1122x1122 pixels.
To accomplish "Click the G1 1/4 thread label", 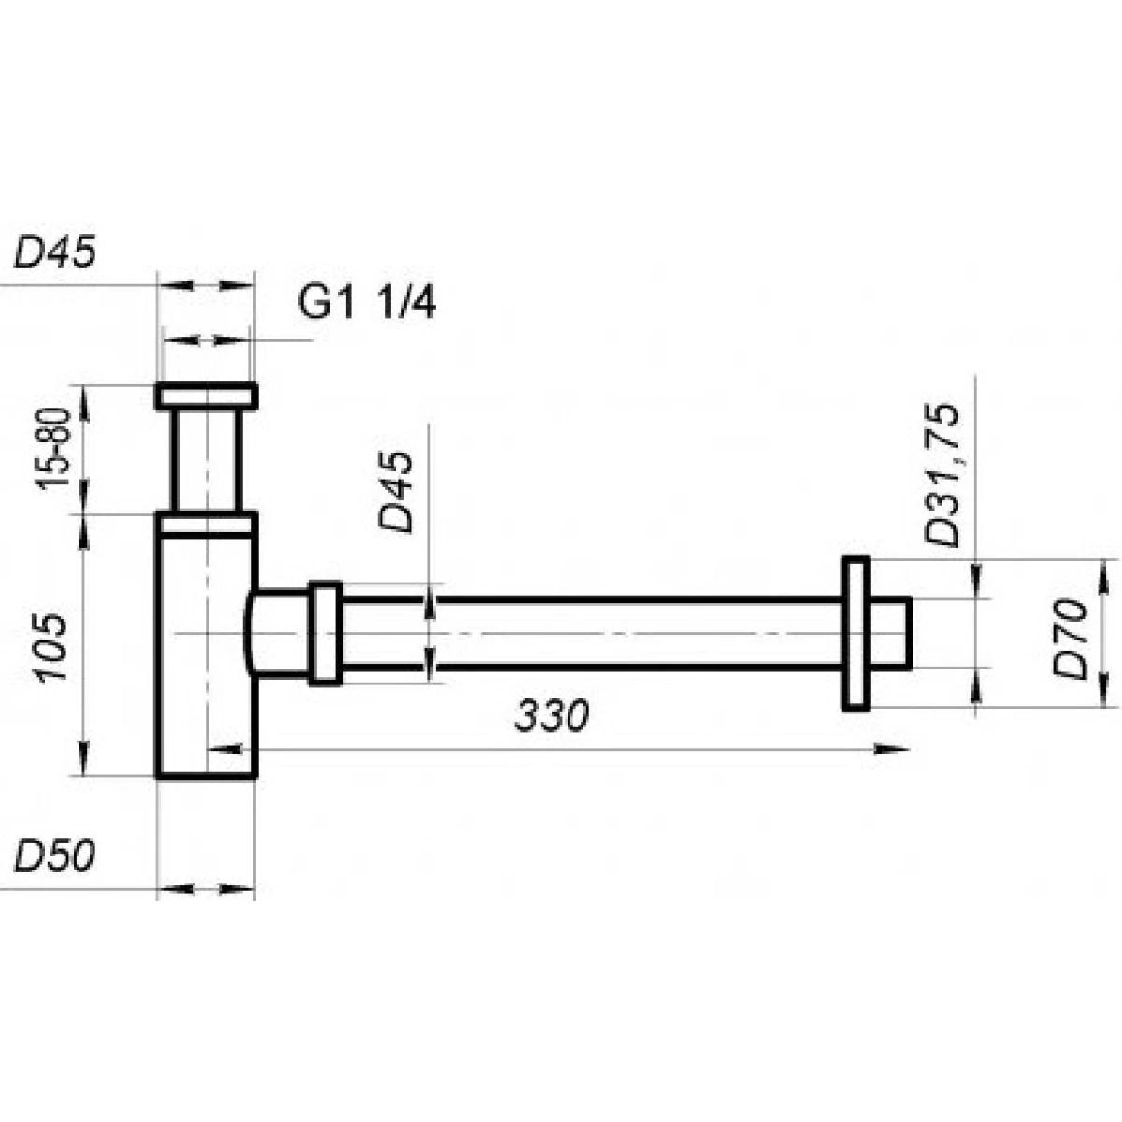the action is pyautogui.click(x=367, y=303).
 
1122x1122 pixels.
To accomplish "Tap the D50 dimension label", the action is pyautogui.click(x=54, y=857).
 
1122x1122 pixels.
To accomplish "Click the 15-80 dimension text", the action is pyautogui.click(x=54, y=449).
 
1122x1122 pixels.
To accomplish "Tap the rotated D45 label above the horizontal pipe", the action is pyautogui.click(x=396, y=492).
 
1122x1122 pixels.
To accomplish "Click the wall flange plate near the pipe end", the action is pyautogui.click(x=856, y=634).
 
